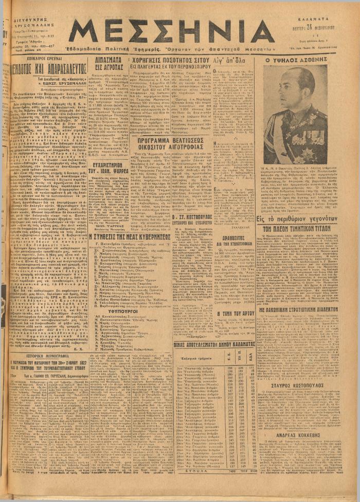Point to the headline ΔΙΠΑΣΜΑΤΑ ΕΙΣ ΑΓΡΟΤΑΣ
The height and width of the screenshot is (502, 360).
pos(108,64)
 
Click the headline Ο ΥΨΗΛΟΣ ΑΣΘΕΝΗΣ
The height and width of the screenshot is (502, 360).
pos(302,60)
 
